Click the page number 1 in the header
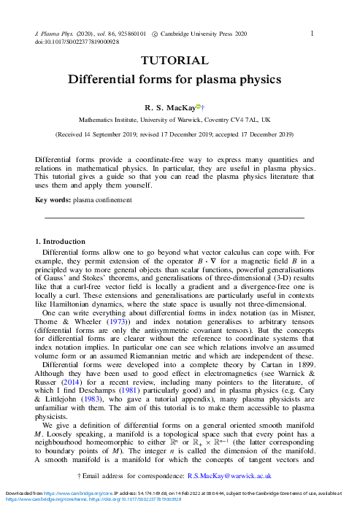313,33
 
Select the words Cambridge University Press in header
207,34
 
